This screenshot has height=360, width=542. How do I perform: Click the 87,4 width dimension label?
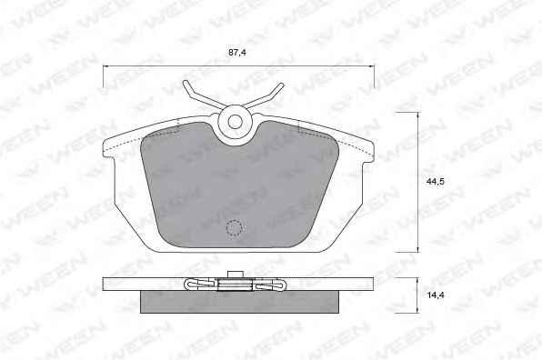pos(236,53)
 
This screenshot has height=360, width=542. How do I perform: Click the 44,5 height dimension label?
pos(436,182)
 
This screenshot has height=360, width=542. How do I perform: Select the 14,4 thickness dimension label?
pos(436,295)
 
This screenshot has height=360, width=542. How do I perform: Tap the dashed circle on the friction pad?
pos(235,228)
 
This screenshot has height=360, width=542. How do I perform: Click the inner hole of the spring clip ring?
pos(235,122)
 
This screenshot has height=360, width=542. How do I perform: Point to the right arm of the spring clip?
pos(265,95)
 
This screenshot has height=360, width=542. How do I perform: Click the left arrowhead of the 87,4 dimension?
pos(105,66)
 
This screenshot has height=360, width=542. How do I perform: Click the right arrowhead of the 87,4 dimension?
pos(372,66)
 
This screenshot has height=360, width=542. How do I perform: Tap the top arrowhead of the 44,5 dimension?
pos(418,115)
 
